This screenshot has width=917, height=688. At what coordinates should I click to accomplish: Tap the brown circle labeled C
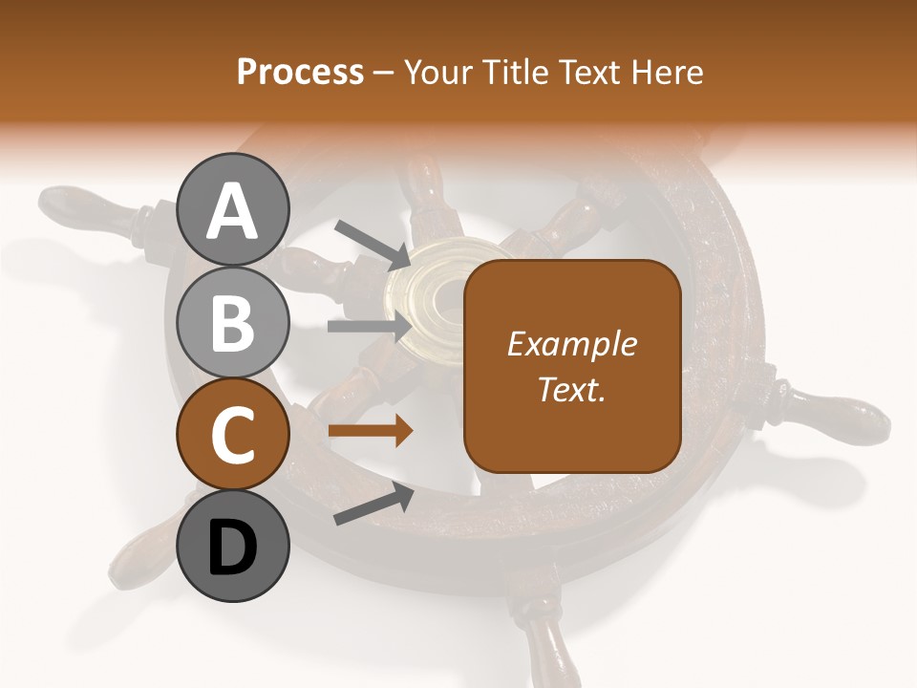point(232,435)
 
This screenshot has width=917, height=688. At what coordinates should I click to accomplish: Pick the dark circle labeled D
point(232,547)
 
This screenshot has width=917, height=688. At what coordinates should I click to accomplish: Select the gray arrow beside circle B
point(370,326)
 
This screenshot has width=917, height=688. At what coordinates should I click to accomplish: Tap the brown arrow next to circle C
point(371,431)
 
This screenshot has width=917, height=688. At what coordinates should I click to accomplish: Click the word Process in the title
point(300,72)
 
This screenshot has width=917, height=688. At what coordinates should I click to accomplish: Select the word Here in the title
point(665,72)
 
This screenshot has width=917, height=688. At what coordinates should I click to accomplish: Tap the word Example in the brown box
point(571,344)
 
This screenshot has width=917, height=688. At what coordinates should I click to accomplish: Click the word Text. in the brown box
point(571,389)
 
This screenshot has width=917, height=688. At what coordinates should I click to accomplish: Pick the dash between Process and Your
point(384,72)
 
